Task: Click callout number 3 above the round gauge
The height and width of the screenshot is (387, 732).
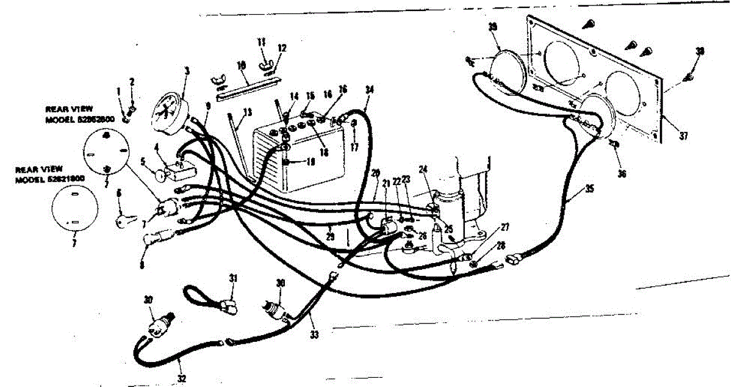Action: (x=187, y=71)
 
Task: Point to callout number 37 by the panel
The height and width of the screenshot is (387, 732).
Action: (x=683, y=136)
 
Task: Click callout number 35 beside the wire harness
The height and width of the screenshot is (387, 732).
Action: (x=589, y=189)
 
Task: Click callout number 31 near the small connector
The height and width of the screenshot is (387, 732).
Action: (x=232, y=279)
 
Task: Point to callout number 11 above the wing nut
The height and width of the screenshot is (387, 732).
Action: (x=260, y=42)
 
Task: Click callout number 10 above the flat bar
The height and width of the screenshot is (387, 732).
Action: (x=242, y=64)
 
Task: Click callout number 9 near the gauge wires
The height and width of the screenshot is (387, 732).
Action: (x=209, y=106)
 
